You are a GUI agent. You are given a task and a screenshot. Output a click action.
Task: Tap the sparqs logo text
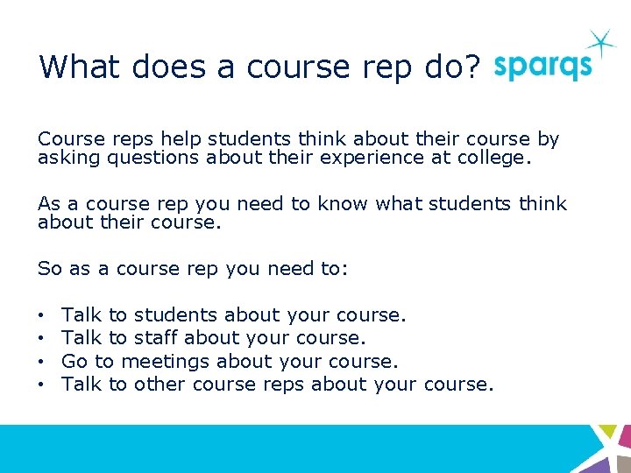point(542,67)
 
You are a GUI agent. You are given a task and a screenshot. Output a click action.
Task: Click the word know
point(342,204)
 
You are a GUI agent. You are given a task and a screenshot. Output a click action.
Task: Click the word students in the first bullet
point(175,314)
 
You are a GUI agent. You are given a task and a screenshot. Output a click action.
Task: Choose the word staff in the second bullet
point(157,337)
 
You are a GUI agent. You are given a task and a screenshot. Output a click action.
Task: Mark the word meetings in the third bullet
point(165,361)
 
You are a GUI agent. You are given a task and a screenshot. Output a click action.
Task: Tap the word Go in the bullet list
point(74,361)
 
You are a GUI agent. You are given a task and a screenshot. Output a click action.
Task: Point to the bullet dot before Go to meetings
point(42,361)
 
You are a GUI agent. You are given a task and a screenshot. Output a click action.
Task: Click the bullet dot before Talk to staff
point(42,337)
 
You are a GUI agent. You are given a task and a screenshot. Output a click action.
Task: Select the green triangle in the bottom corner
point(606,432)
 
